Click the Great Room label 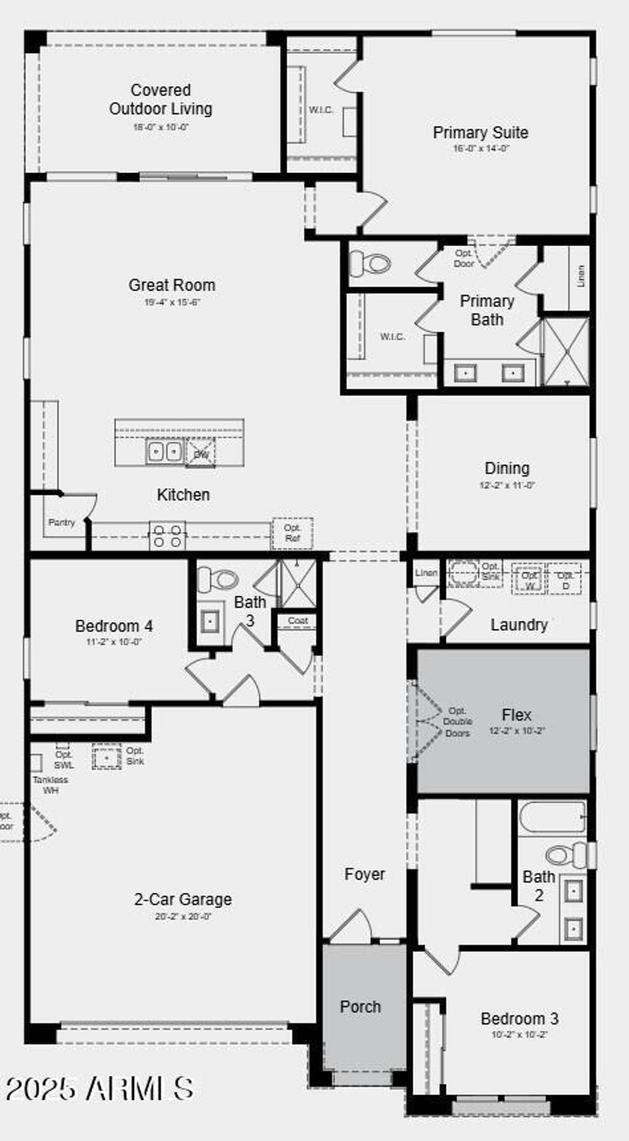pos(172,285)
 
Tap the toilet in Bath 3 pos(218,578)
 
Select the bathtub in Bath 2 pos(552,817)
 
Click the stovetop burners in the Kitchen pos(167,535)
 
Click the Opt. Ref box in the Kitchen pos(292,533)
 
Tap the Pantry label pos(61,523)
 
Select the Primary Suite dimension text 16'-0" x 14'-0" pos(481,148)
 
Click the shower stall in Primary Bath pos(566,352)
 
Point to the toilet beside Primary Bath pos(370,264)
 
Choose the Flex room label pos(516,715)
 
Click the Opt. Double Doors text pos(457,722)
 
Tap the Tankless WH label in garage pos(50,785)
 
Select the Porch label pos(361,1007)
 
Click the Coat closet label pos(297,621)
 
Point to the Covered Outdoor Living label pos(161,99)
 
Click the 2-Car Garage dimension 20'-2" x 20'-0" pos(183,916)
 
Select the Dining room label pos(507,468)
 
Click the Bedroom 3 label pos(519,1019)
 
